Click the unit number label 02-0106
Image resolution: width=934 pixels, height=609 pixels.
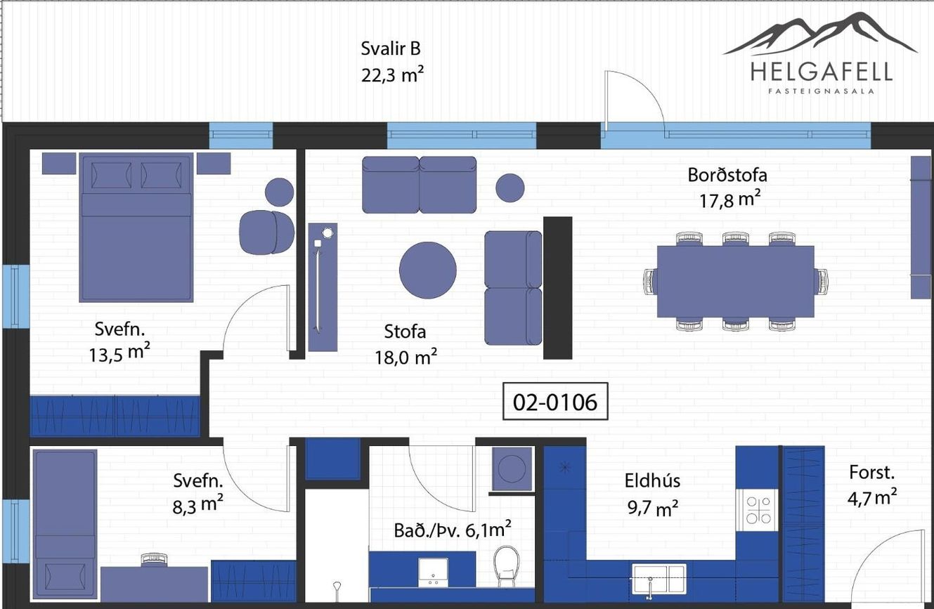pyautogui.click(x=555, y=402)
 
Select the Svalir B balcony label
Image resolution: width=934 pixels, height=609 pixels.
pyautogui.click(x=391, y=48)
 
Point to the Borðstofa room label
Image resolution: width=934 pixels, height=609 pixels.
pyautogui.click(x=727, y=175)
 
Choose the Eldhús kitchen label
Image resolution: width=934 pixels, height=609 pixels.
pyautogui.click(x=652, y=480)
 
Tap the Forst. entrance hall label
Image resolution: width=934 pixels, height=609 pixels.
pyautogui.click(x=872, y=472)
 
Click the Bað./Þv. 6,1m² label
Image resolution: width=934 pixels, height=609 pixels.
pyautogui.click(x=453, y=530)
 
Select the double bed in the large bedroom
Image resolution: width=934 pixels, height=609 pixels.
pyautogui.click(x=136, y=227)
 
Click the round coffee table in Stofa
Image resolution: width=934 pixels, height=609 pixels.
pyautogui.click(x=428, y=270)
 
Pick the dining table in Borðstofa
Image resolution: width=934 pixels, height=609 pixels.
pyautogui.click(x=736, y=282)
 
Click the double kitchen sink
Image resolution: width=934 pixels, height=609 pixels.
pyautogui.click(x=659, y=579)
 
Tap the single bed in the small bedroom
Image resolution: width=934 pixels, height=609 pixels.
pyautogui.click(x=65, y=525)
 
